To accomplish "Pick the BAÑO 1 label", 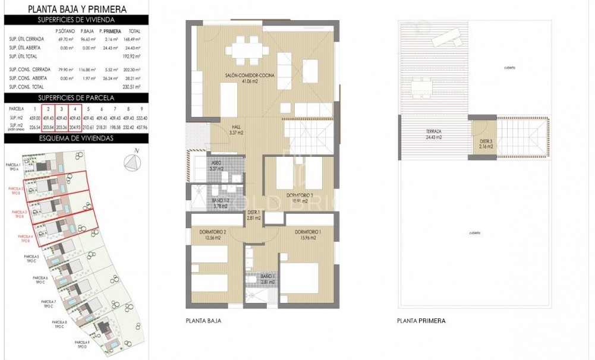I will (267, 279).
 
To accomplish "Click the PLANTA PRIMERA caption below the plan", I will (421, 321).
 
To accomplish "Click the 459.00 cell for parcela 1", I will (35, 118).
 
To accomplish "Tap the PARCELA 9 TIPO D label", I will (82, 345).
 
